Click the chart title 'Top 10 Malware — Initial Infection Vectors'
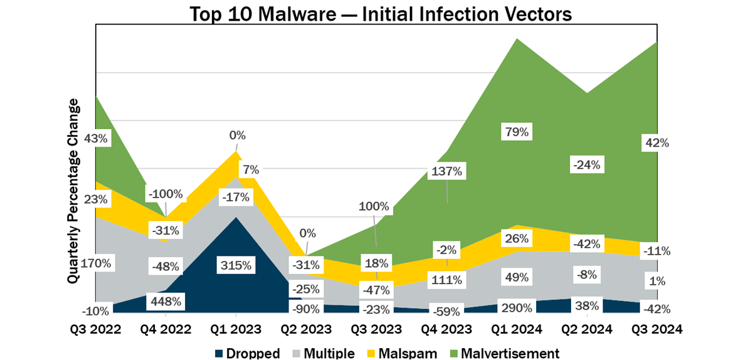click(x=376, y=13)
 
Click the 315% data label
click(x=235, y=265)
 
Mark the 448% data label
click(x=166, y=302)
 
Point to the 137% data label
click(x=446, y=171)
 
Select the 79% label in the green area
click(x=517, y=132)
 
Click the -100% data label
click(x=166, y=193)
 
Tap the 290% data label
click(x=517, y=308)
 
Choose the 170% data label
click(x=97, y=263)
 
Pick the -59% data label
click(x=446, y=310)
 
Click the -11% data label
click(x=657, y=251)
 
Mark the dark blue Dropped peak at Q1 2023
click(x=235, y=220)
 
